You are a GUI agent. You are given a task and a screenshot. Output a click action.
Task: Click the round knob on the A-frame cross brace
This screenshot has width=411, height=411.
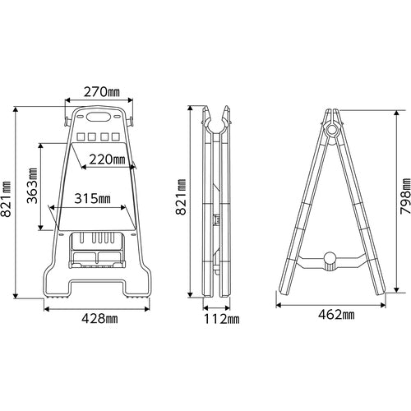pos(330,261)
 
